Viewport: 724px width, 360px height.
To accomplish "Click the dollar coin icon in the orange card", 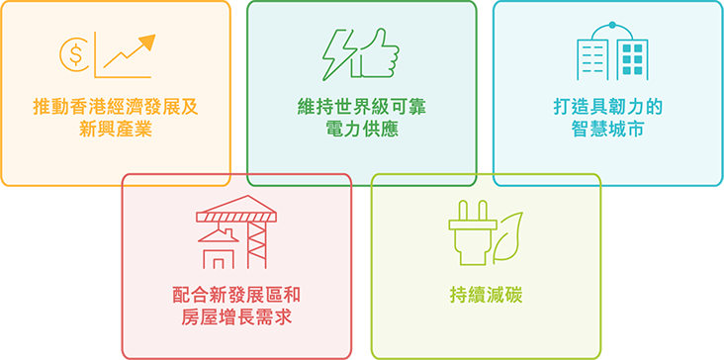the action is (x=74, y=54).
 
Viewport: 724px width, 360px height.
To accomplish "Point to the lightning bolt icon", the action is (x=336, y=54).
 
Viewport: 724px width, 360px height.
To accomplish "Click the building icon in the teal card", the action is (x=612, y=53).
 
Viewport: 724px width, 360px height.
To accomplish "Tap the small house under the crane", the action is (x=218, y=252).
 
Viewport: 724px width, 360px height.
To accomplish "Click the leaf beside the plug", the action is (x=509, y=234).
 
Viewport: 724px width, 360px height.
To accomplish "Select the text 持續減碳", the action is (x=486, y=296).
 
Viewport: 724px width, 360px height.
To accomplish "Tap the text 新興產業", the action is (x=116, y=129).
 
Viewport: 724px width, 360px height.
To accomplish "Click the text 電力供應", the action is (x=361, y=129).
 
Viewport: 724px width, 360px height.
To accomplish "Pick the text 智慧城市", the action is (x=607, y=129).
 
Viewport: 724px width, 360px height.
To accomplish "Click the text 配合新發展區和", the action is (x=236, y=296).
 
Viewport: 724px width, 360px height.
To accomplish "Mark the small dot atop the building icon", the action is (x=612, y=25).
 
